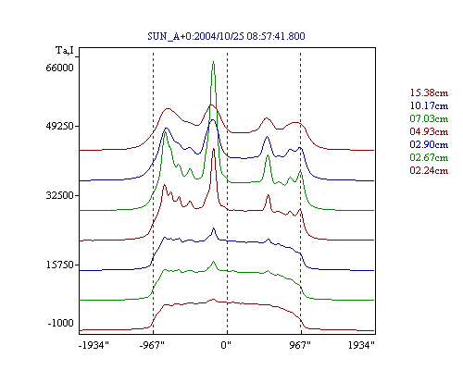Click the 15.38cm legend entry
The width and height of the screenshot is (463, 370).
click(429, 92)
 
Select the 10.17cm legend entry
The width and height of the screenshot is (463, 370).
click(429, 105)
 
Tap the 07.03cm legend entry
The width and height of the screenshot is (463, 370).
click(429, 118)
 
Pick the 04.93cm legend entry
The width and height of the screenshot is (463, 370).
click(429, 131)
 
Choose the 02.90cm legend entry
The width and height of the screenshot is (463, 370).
click(429, 144)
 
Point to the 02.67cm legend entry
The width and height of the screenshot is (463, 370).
click(429, 157)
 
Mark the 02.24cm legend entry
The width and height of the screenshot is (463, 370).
click(429, 170)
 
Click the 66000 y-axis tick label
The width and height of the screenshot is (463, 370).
click(59, 68)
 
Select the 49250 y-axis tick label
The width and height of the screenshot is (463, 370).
click(59, 126)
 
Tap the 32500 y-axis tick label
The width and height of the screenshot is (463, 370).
click(59, 195)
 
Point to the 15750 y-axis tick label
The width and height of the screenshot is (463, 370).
click(59, 265)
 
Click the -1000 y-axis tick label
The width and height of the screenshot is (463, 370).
click(61, 323)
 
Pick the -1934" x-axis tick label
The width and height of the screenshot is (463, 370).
click(94, 345)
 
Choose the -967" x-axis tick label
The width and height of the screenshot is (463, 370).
click(151, 345)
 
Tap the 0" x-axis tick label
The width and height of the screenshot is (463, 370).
click(226, 345)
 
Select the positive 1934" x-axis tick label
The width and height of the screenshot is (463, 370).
click(361, 345)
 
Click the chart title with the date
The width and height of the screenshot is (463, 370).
click(226, 36)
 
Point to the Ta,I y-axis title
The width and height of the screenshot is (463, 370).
click(65, 50)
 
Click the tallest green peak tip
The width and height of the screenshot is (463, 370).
click(213, 62)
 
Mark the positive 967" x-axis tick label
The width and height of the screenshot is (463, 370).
click(300, 345)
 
